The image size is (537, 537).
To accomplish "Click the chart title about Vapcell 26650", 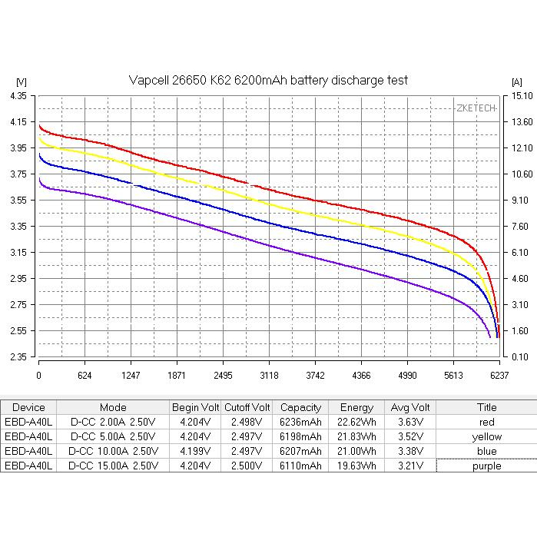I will (267, 80).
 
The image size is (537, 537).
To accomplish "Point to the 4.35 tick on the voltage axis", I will (18, 95).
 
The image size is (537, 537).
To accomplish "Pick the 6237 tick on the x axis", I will (499, 376).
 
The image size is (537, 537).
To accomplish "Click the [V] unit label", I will (21, 81).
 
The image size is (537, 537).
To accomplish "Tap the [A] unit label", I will (515, 81).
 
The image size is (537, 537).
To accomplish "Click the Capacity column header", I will (301, 407).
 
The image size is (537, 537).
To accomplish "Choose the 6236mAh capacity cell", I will (301, 422).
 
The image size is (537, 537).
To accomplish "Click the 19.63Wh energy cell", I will (356, 466).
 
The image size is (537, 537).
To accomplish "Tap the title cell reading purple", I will (486, 466).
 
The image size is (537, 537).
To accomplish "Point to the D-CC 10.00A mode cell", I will (113, 451).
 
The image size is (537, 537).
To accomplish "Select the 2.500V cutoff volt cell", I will (247, 466).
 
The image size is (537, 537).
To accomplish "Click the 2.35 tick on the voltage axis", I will (18, 357).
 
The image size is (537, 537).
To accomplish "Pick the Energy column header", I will (356, 407).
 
